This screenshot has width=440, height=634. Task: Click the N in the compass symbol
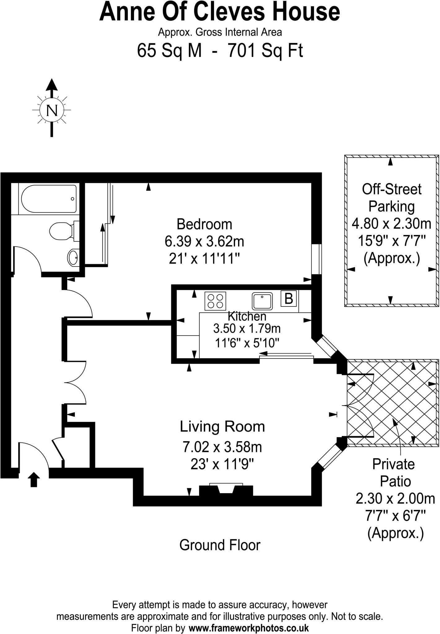click(x=52, y=110)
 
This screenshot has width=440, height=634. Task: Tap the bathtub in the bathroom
click(x=48, y=199)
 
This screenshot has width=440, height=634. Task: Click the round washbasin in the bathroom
click(x=73, y=257)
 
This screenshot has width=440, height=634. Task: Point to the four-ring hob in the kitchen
click(x=215, y=301)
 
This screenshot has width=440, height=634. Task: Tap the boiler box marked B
click(x=289, y=299)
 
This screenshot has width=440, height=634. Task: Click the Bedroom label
click(x=204, y=224)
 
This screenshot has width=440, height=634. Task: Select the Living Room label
click(x=222, y=427)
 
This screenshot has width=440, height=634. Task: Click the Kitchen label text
click(x=247, y=316)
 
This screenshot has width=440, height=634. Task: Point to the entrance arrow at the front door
click(x=34, y=480)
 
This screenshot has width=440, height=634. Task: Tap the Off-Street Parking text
click(x=391, y=198)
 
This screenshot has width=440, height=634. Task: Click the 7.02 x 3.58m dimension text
click(x=222, y=447)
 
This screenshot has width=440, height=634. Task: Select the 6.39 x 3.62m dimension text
click(x=204, y=241)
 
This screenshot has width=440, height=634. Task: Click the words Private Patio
click(x=393, y=472)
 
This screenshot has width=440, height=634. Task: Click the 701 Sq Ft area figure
click(x=265, y=51)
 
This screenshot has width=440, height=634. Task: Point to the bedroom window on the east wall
click(x=316, y=259)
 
